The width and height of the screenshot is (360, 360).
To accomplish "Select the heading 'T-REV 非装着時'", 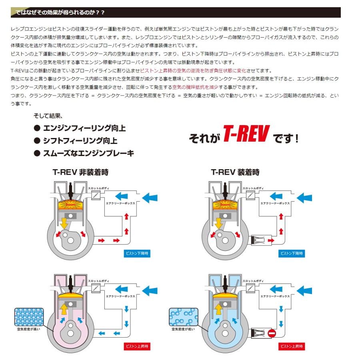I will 80,172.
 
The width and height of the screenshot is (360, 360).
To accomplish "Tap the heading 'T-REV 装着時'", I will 235,172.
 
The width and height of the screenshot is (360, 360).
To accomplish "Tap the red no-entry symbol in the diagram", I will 272,333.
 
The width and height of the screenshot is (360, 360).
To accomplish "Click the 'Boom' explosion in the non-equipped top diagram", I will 71,204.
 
